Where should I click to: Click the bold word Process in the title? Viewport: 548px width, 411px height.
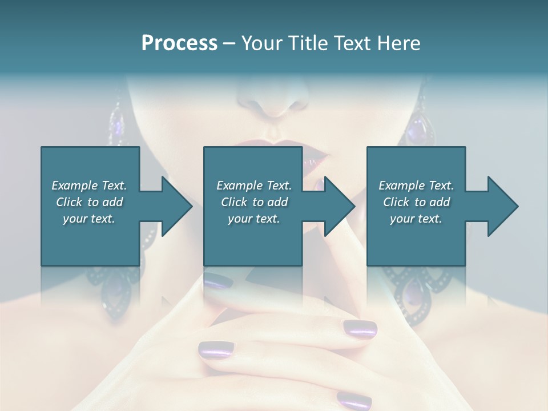(179, 43)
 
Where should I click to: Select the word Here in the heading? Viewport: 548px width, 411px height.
(398, 43)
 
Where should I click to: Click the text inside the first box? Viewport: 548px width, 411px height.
(90, 202)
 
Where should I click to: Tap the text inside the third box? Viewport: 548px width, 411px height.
(416, 202)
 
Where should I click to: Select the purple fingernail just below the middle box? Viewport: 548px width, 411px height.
(218, 280)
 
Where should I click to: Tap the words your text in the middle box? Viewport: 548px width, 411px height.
(254, 219)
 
